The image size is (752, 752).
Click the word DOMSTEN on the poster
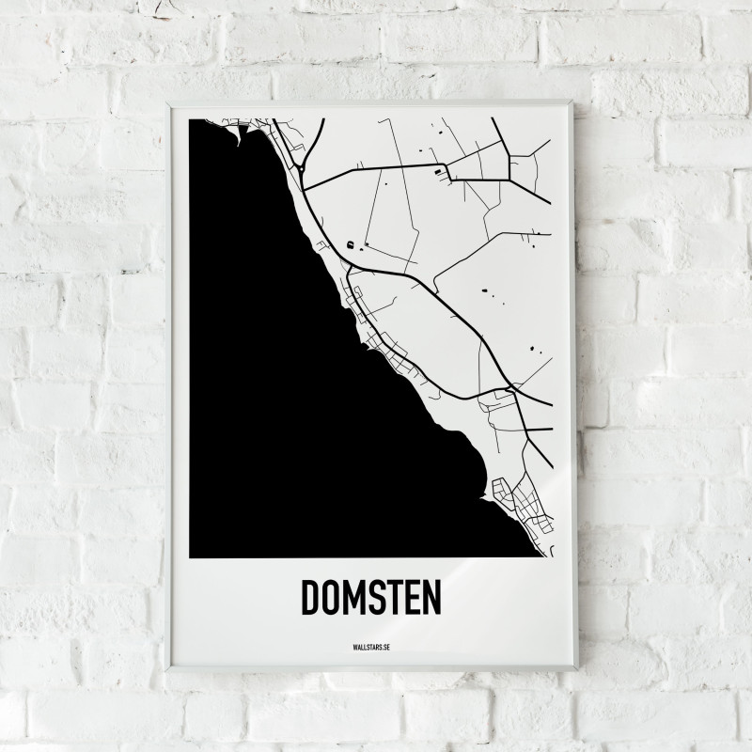point(370,596)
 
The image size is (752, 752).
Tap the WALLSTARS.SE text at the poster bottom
point(370,648)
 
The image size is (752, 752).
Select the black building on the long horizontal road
point(437,171)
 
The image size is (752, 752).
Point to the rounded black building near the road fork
point(351,244)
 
